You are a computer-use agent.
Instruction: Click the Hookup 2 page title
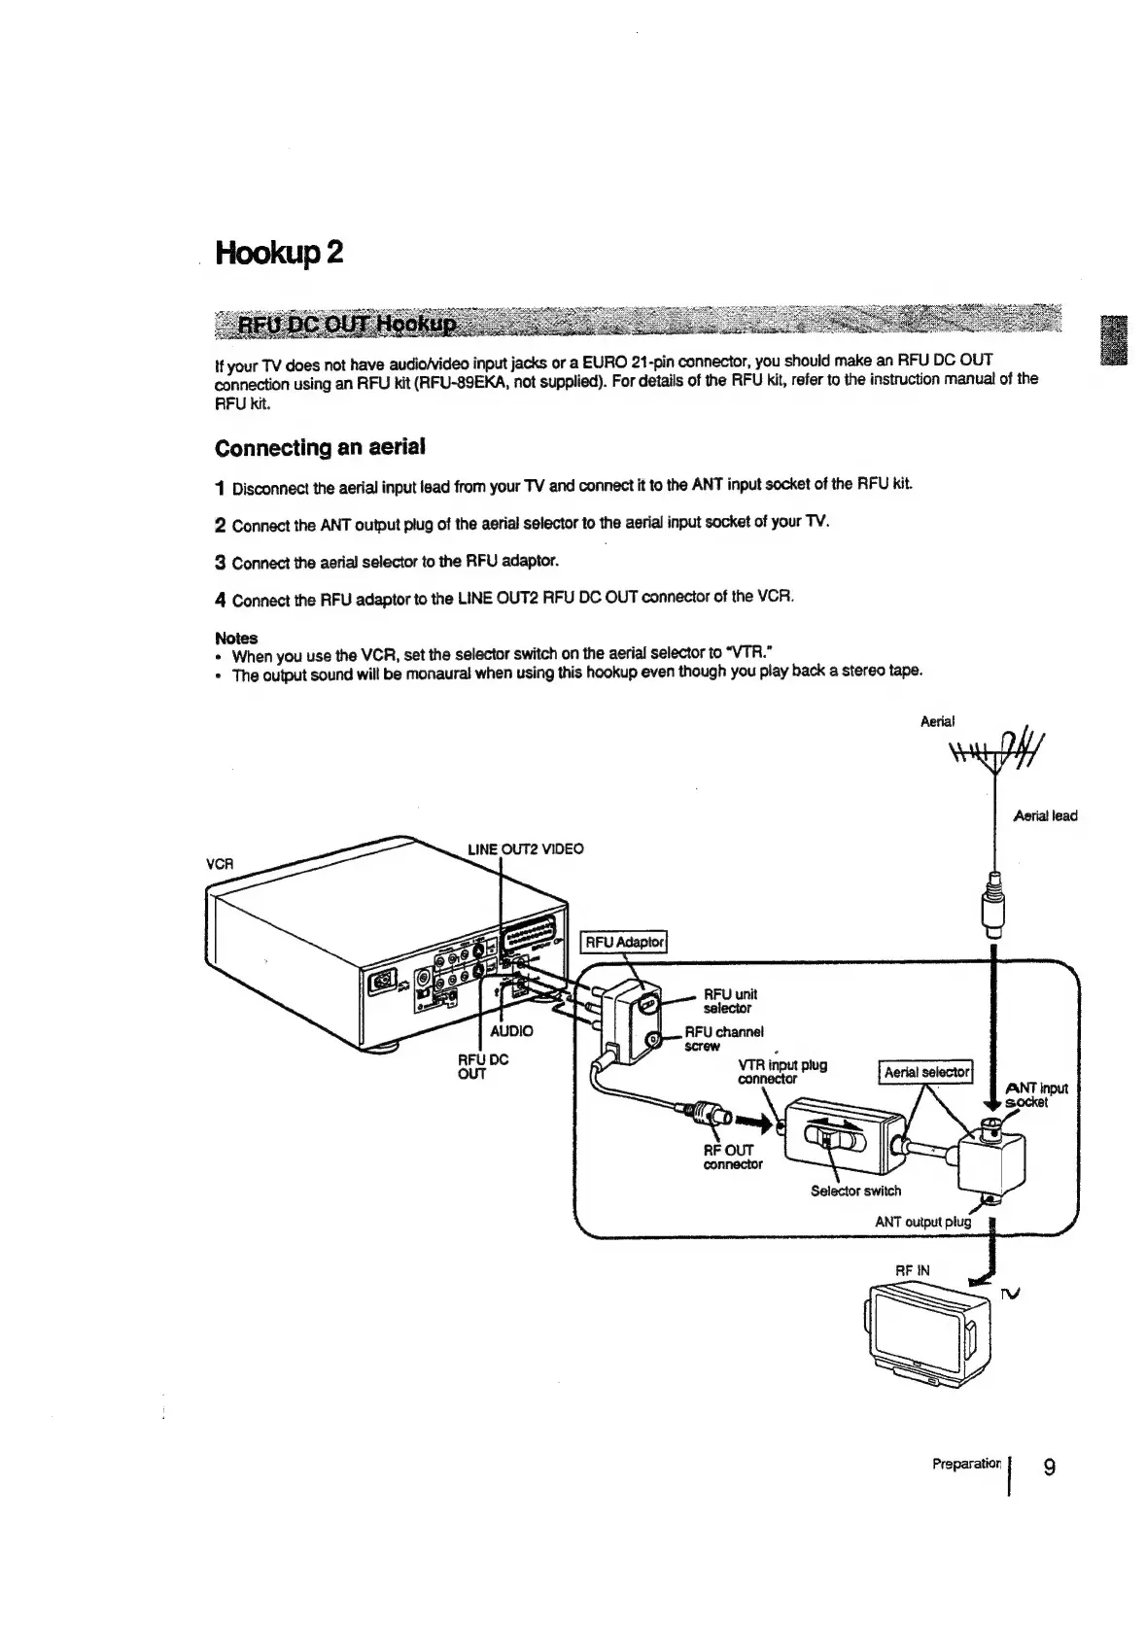[278, 254]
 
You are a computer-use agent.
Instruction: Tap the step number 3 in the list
[220, 563]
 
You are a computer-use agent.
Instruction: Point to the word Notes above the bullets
[235, 638]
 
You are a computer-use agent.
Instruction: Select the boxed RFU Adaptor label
[623, 942]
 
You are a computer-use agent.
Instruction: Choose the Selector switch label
[855, 1191]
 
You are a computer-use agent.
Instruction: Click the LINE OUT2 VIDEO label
[525, 848]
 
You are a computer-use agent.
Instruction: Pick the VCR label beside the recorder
[217, 863]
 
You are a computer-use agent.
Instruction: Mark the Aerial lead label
[1045, 816]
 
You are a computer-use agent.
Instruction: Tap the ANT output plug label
[922, 1221]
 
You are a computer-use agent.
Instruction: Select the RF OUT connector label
[733, 1157]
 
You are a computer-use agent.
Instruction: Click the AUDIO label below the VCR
[511, 1030]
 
